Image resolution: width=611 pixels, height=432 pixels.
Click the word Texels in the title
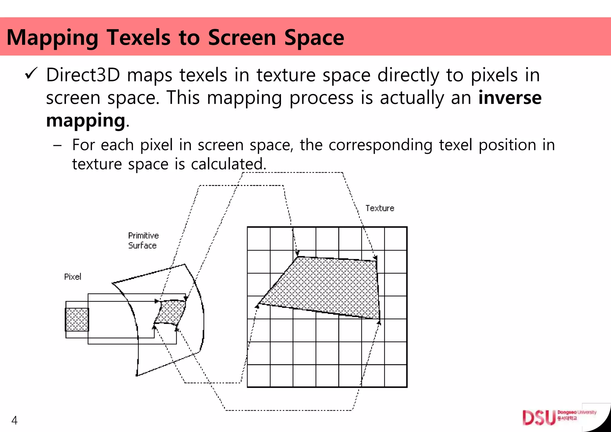click(139, 38)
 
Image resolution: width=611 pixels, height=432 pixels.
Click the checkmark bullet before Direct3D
click(31, 73)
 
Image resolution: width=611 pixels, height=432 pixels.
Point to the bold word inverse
click(510, 98)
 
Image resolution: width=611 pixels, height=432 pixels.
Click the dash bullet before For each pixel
click(57, 146)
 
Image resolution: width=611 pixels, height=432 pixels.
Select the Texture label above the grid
click(380, 208)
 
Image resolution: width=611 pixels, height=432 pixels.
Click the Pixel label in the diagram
click(72, 277)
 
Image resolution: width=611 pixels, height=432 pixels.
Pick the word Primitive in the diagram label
click(143, 236)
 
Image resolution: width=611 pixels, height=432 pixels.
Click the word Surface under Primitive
click(142, 246)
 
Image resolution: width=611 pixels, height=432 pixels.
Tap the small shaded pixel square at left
click(77, 320)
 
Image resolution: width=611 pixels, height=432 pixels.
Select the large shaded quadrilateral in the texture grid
click(328, 286)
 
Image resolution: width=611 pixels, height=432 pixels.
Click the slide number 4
click(14, 420)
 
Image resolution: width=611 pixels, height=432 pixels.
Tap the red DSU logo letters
click(539, 418)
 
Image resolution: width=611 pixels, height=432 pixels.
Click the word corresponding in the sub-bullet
click(381, 145)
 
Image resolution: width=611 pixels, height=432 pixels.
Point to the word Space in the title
click(314, 38)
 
